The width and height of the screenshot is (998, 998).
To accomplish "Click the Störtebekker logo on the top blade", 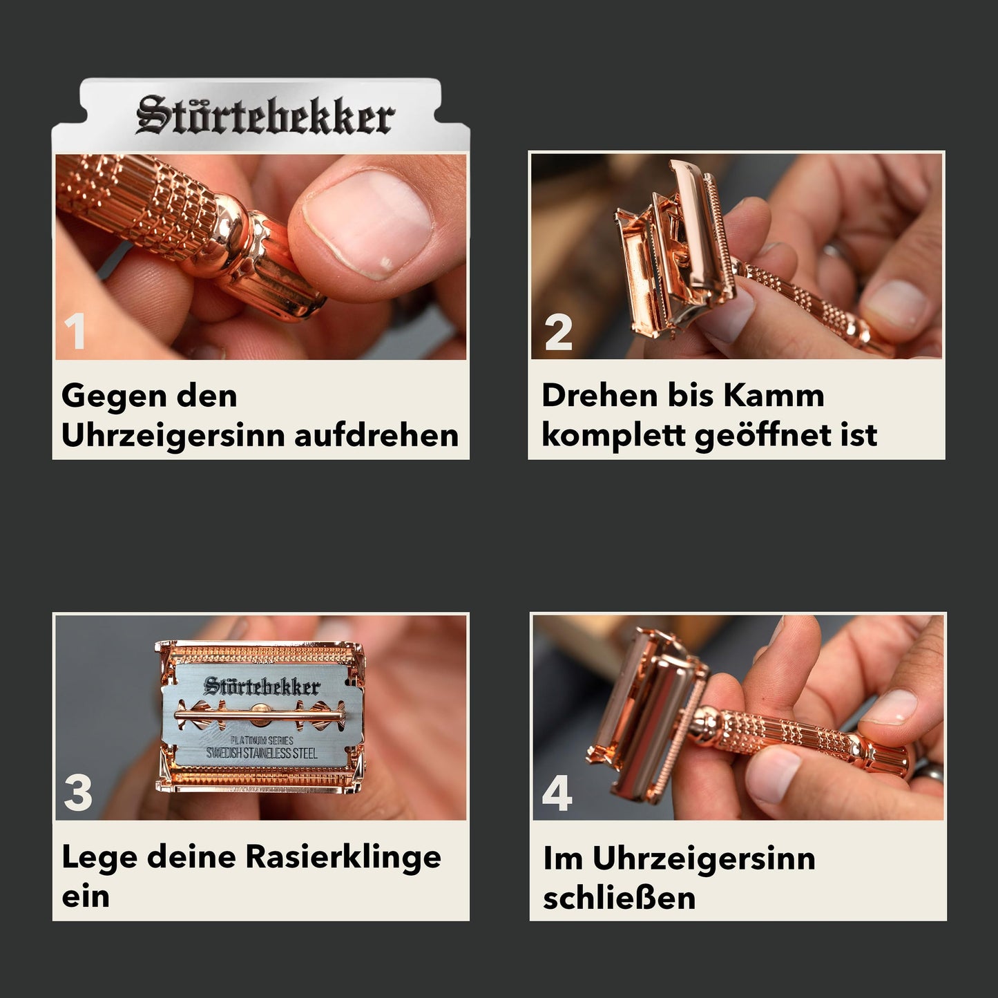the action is pos(265,115).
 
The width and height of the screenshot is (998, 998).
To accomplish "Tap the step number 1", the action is pos(75,332).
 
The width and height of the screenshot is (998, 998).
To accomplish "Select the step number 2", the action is pos(558,332).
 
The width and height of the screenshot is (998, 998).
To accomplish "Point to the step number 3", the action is pos(78,792).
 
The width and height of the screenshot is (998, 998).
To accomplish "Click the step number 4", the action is pos(557,792).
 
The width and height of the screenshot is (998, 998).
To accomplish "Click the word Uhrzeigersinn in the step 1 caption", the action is pos(173,436).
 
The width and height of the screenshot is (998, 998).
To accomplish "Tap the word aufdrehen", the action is pos(376,435).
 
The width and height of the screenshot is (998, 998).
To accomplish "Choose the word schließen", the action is pos(619,898).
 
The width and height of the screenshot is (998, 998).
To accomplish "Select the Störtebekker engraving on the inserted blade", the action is pos(262,686).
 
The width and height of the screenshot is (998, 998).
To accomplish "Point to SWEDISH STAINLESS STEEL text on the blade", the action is pos(262,753).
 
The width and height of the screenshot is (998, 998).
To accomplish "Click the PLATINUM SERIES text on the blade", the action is pos(262,740).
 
